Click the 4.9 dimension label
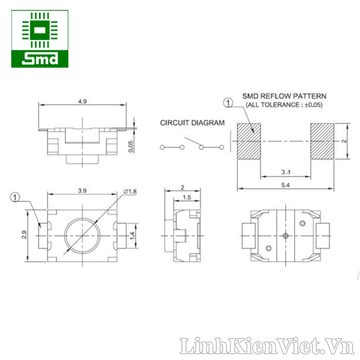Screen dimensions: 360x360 [x=82, y=101]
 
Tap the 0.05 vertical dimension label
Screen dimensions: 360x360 [x=130, y=147]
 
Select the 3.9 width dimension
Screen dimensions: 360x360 [x=82, y=190]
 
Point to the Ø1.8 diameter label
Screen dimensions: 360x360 [x=130, y=191]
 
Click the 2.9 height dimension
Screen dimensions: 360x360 [x=24, y=234]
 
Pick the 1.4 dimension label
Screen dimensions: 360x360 [x=132, y=236]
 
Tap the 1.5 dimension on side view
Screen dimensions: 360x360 [x=187, y=197]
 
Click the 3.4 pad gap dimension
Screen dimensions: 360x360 [x=286, y=172]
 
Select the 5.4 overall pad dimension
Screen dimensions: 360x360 [x=285, y=185]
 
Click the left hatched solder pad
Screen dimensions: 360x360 [x=249, y=141]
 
